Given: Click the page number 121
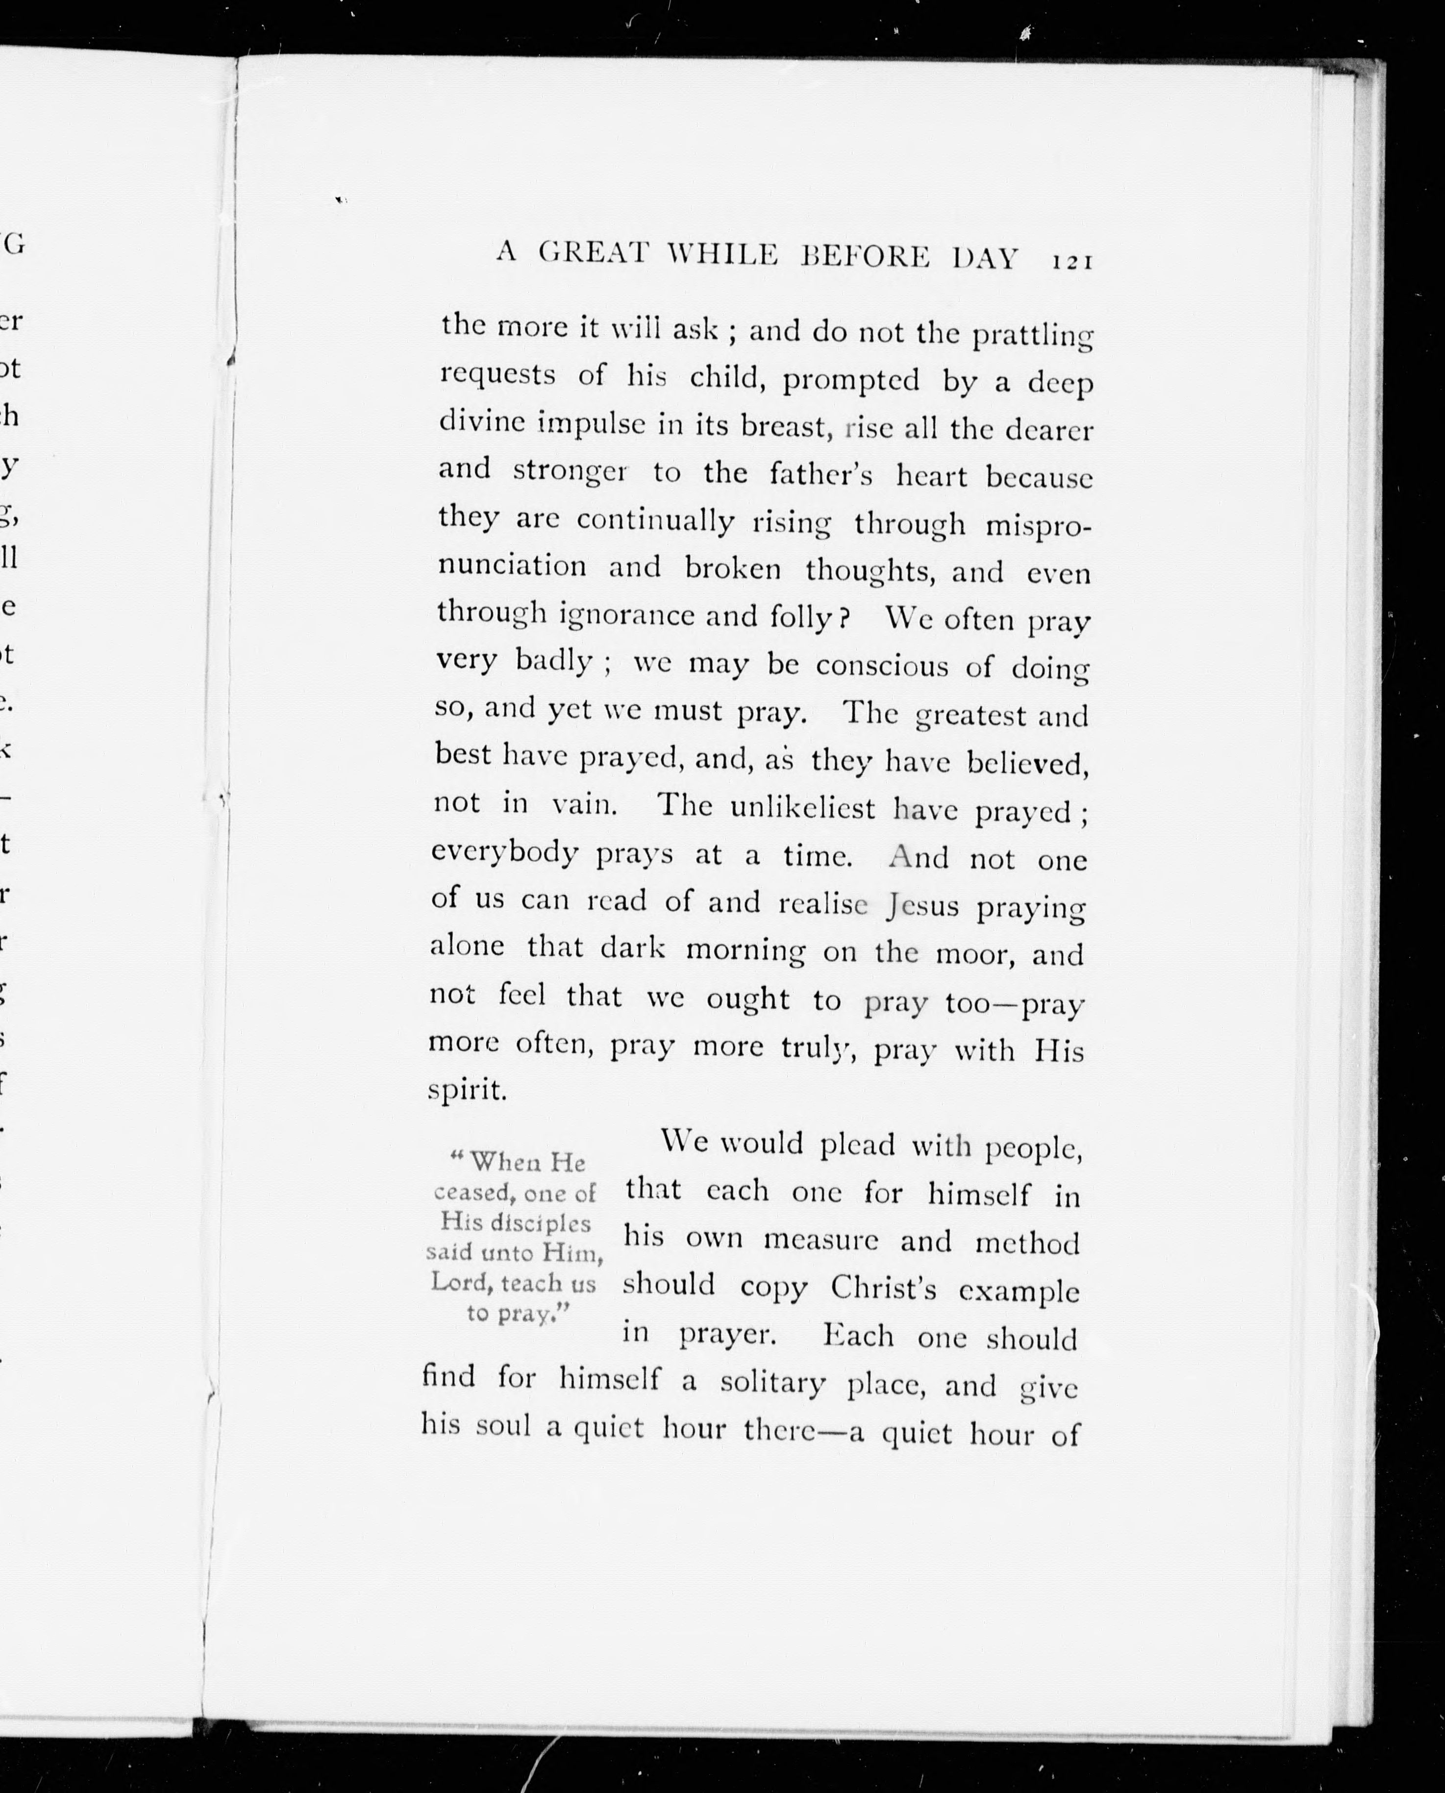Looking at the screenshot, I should click(1071, 261).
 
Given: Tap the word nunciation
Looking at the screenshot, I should click(512, 566).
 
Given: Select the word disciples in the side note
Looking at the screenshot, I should click(539, 1223).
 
